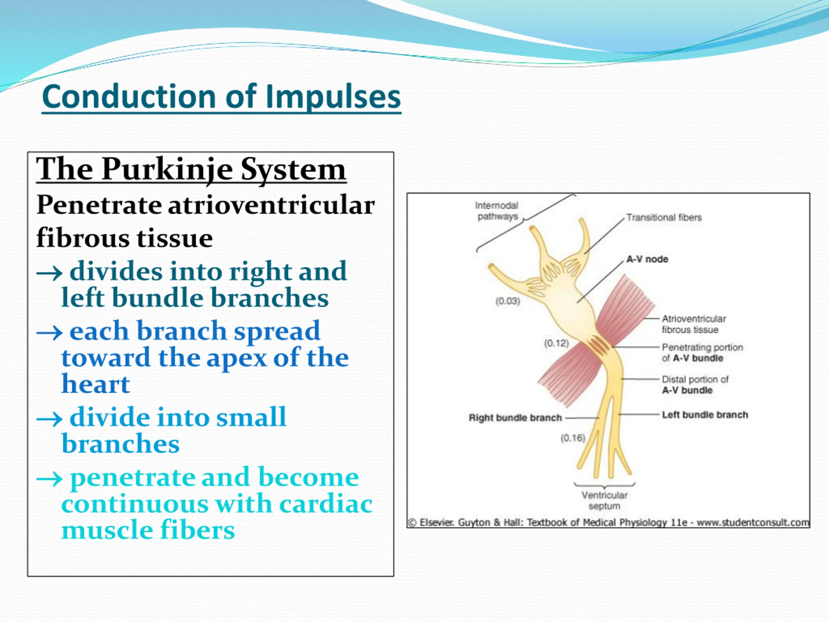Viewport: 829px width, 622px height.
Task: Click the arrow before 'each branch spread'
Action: (x=49, y=332)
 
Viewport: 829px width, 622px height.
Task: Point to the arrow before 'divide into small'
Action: (x=49, y=419)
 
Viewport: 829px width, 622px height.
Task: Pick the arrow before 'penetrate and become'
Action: (x=49, y=478)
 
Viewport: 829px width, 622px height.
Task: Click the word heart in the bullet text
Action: (x=96, y=384)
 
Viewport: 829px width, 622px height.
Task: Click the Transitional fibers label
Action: (x=664, y=217)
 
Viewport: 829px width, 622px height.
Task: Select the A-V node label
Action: (x=647, y=259)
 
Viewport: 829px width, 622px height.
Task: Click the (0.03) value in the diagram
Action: (x=507, y=301)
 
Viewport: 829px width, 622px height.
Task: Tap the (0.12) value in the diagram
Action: (x=556, y=343)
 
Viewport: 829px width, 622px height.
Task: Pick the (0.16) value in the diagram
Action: (x=573, y=438)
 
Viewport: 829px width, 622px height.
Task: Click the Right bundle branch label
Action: (x=515, y=418)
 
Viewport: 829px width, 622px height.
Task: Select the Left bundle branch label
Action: (x=705, y=415)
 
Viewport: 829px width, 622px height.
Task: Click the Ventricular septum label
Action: (x=604, y=501)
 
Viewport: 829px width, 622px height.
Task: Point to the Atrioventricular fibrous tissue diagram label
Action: (x=693, y=324)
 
